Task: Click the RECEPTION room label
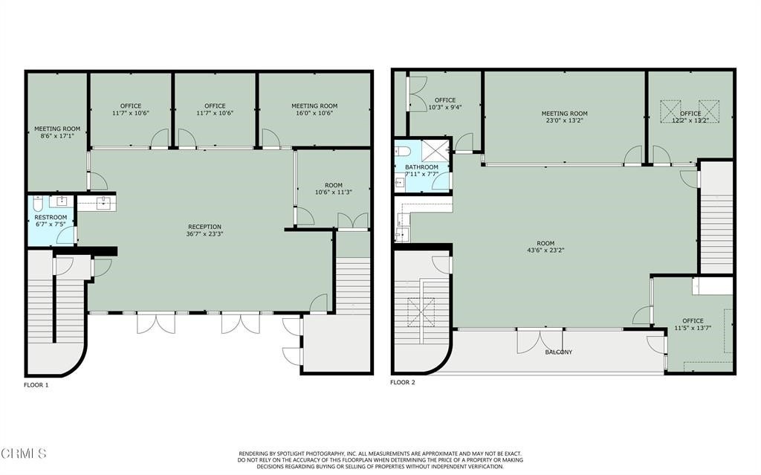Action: [x=205, y=227]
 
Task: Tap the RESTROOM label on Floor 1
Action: [x=51, y=217]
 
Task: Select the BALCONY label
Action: [x=559, y=352]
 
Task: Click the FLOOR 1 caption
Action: [x=36, y=385]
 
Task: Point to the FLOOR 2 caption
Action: [x=403, y=382]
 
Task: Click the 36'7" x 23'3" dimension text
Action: [x=205, y=233]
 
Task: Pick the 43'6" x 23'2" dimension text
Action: [x=545, y=251]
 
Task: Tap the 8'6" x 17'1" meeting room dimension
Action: [x=57, y=136]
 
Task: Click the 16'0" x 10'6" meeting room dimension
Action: [x=314, y=113]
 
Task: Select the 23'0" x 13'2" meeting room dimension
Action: [x=565, y=120]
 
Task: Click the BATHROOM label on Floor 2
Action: [x=422, y=167]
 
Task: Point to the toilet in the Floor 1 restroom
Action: [x=39, y=203]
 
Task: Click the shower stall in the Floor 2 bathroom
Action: [x=435, y=150]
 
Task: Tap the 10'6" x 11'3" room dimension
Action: [x=334, y=193]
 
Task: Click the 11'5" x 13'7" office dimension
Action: [x=693, y=328]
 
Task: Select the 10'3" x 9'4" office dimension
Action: [x=445, y=107]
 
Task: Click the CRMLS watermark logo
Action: [x=24, y=453]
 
